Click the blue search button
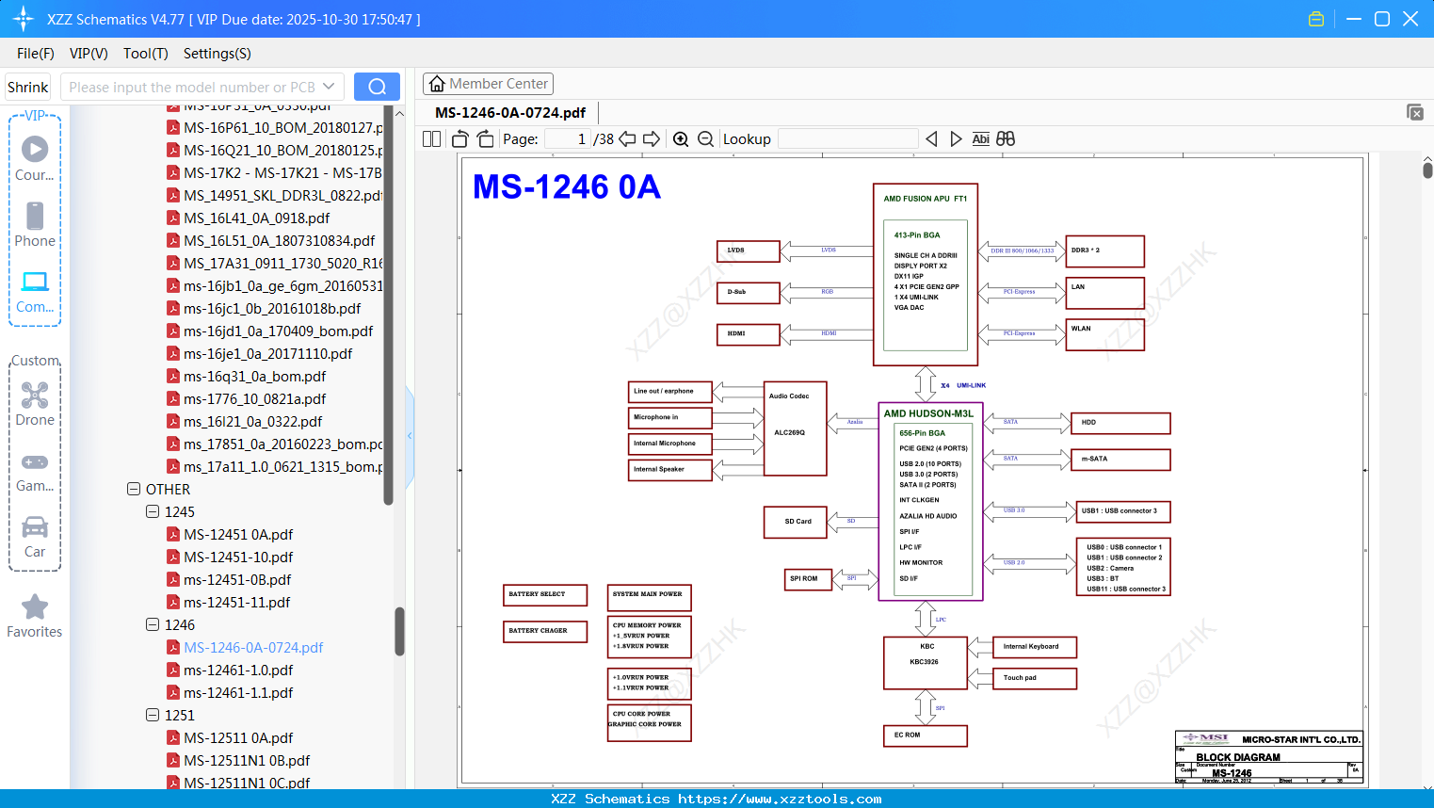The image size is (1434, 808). pyautogui.click(x=377, y=87)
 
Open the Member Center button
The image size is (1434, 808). pyautogui.click(x=488, y=84)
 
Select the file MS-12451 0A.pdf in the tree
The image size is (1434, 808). pyautogui.click(x=237, y=535)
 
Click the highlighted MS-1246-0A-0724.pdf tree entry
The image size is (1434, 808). pyautogui.click(x=252, y=648)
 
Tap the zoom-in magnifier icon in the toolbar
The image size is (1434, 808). pyautogui.click(x=681, y=139)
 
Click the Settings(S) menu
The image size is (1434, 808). pyautogui.click(x=217, y=54)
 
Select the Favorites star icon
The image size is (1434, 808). pyautogui.click(x=35, y=607)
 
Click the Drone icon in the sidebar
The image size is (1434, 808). pyautogui.click(x=35, y=396)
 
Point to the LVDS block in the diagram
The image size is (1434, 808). pyautogui.click(x=749, y=250)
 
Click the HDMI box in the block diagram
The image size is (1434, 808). pyautogui.click(x=749, y=333)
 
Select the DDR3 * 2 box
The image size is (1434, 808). pyautogui.click(x=1104, y=250)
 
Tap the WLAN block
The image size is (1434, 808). pyautogui.click(x=1104, y=333)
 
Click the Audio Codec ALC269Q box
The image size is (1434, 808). pyautogui.click(x=795, y=428)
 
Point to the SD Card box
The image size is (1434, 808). pyautogui.click(x=795, y=521)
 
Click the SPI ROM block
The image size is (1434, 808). pyautogui.click(x=808, y=578)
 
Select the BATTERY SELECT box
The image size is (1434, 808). pyautogui.click(x=545, y=594)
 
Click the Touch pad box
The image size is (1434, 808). pyautogui.click(x=1034, y=678)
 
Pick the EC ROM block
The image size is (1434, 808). pyautogui.click(x=925, y=735)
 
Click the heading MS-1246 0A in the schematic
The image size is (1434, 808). pyautogui.click(x=566, y=187)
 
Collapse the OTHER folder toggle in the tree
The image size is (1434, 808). pyautogui.click(x=134, y=490)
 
